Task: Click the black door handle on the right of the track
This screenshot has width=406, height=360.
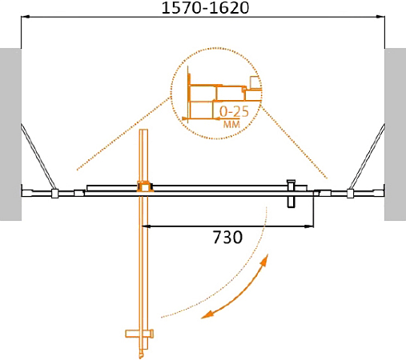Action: point(291,193)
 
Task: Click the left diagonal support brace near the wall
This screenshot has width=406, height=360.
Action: point(36,156)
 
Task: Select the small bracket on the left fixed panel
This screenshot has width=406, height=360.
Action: point(54,193)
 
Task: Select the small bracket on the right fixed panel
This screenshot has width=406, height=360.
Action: point(350,193)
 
